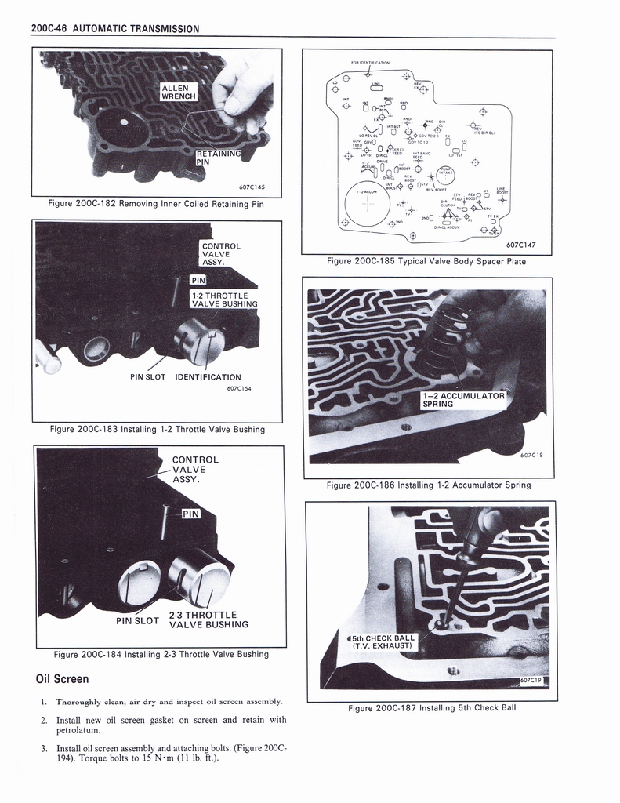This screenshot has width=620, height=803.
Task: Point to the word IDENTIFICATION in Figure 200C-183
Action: [208, 377]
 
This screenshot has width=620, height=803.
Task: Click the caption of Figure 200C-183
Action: [157, 429]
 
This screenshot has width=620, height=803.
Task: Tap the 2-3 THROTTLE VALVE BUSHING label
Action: [204, 620]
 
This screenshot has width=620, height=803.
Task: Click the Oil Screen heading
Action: [63, 678]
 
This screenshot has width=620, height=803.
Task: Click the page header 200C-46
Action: [49, 29]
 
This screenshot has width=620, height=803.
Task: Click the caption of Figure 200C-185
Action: [428, 261]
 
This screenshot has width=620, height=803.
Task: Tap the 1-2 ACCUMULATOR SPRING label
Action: [463, 399]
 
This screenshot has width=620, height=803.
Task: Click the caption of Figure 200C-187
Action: [432, 708]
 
